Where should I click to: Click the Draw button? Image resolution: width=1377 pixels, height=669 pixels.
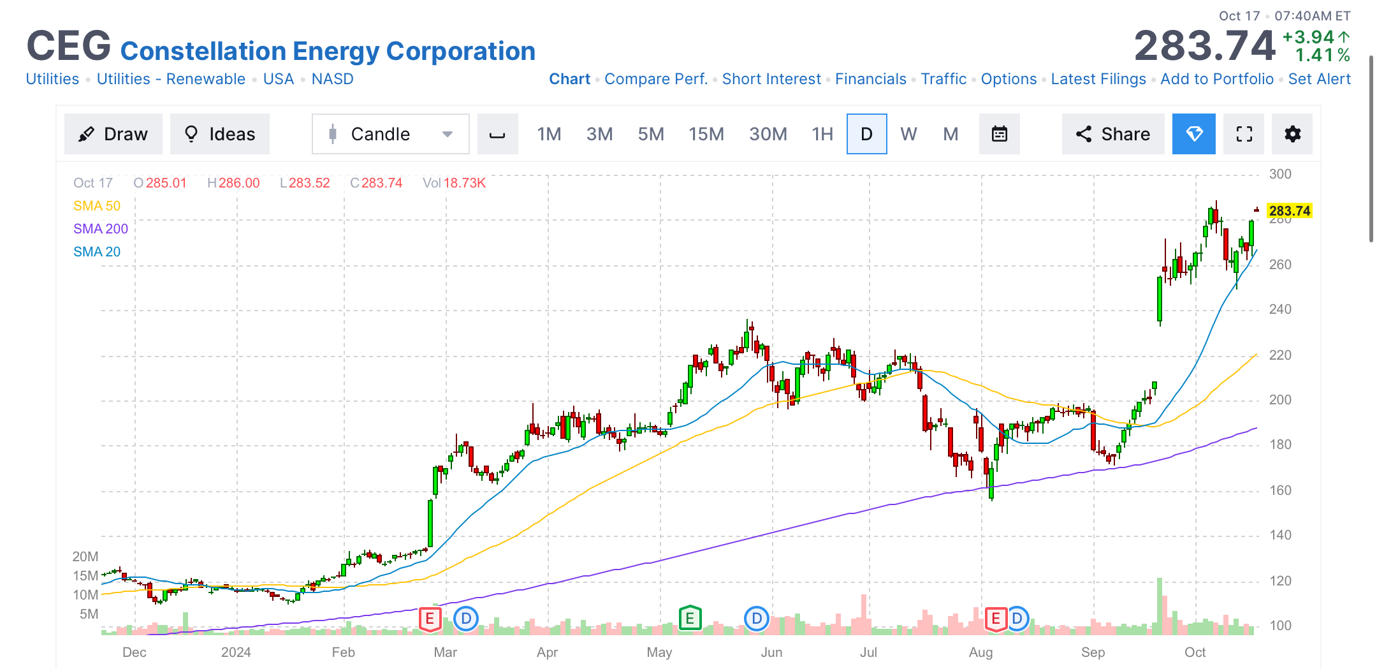(x=113, y=134)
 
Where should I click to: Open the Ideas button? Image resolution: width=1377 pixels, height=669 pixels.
(x=219, y=134)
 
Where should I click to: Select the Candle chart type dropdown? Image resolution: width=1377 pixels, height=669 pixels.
(x=390, y=134)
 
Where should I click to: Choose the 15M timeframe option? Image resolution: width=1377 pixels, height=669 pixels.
(x=706, y=134)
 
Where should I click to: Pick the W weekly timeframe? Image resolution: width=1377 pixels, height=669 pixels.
(x=908, y=134)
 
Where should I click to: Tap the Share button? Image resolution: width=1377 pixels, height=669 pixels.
(x=1113, y=134)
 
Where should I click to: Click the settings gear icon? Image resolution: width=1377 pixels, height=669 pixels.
(x=1292, y=134)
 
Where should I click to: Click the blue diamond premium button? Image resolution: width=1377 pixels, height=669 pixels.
(x=1193, y=134)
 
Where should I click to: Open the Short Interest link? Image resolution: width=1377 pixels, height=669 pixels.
(x=771, y=79)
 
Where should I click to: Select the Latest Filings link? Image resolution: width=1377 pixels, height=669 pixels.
(x=1098, y=79)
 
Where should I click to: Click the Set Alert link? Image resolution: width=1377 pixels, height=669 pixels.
(x=1319, y=79)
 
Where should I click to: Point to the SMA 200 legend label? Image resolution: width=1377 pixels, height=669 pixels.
(x=101, y=229)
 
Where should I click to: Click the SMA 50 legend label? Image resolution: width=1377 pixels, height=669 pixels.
(x=97, y=206)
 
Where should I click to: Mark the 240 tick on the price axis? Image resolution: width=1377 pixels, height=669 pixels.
(x=1280, y=309)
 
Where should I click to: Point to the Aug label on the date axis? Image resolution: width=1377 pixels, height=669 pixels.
(x=980, y=652)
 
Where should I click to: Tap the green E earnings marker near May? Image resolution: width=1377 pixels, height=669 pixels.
(x=690, y=618)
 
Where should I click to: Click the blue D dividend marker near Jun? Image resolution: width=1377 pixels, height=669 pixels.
(x=757, y=618)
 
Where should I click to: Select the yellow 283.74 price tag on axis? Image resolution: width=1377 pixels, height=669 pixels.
(x=1289, y=211)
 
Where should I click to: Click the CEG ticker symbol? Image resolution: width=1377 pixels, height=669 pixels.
(x=69, y=46)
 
